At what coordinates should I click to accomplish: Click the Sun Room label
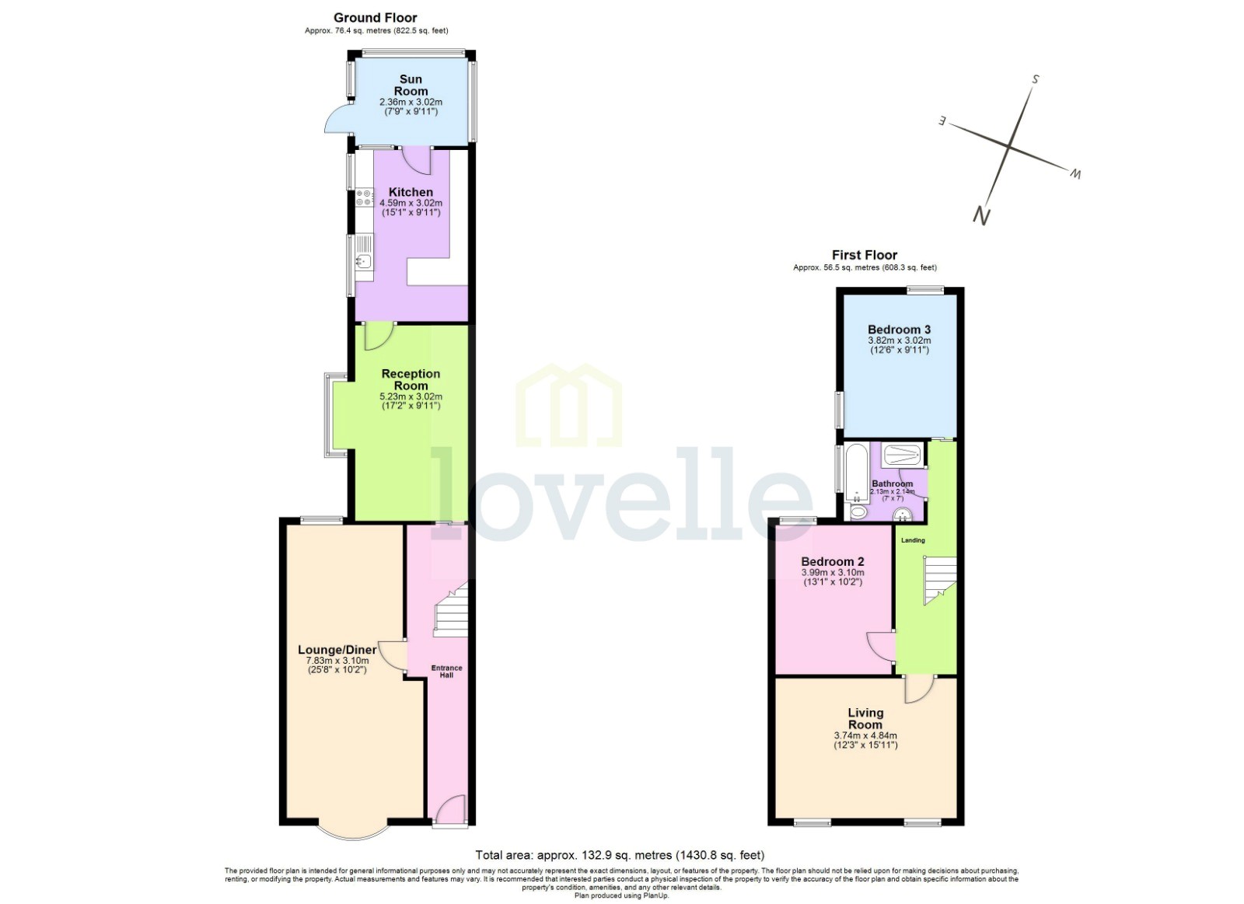(x=411, y=85)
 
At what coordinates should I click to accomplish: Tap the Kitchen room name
(x=411, y=192)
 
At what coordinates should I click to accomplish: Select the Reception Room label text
(x=411, y=379)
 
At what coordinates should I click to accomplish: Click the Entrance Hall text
(x=447, y=671)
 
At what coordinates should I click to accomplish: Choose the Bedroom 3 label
(x=899, y=330)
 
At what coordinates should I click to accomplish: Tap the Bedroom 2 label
(x=833, y=561)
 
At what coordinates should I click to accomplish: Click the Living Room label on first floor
(x=865, y=718)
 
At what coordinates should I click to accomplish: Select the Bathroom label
(x=892, y=483)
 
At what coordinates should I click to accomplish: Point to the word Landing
(x=913, y=540)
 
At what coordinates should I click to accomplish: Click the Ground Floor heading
(x=376, y=17)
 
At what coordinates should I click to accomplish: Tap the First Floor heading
(x=864, y=255)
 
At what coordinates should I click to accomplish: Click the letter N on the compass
(x=981, y=215)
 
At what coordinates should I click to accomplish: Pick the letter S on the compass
(x=1036, y=79)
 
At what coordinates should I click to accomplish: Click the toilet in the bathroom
(x=858, y=511)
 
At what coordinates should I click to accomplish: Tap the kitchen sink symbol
(x=364, y=262)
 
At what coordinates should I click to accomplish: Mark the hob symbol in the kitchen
(x=364, y=197)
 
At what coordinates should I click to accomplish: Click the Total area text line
(x=620, y=855)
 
